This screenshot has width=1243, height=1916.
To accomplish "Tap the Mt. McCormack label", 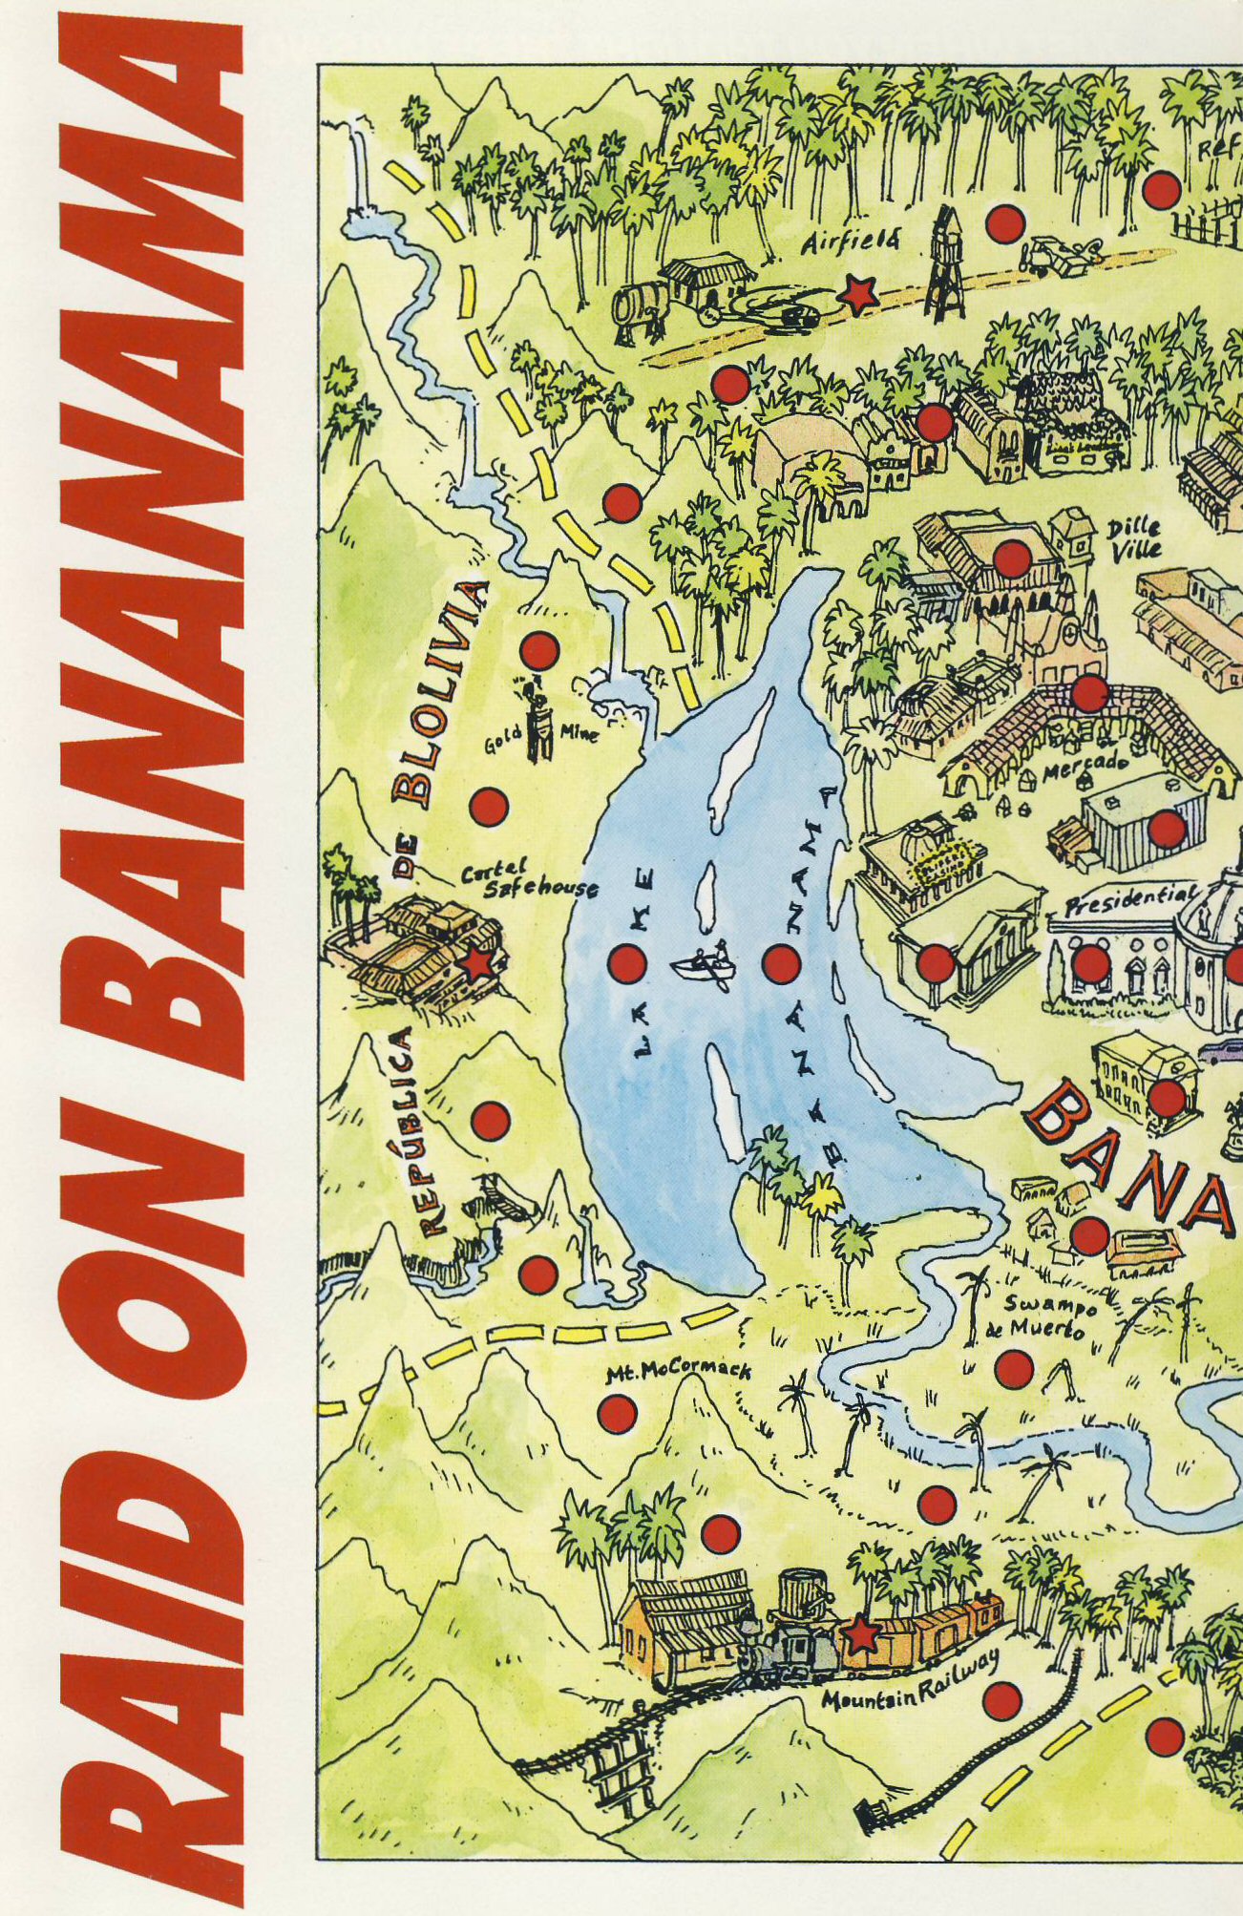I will pyautogui.click(x=679, y=1373).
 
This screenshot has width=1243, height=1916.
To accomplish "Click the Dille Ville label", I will pyautogui.click(x=1135, y=538).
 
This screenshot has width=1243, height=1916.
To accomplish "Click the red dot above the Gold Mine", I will pyautogui.click(x=538, y=650).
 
